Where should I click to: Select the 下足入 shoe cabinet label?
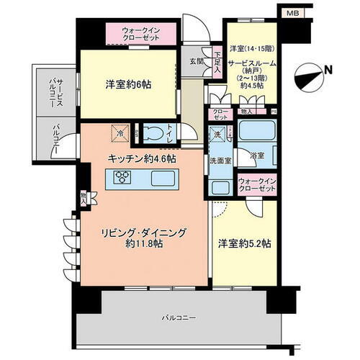[x=217, y=58]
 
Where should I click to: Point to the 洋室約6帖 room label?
[x=129, y=84]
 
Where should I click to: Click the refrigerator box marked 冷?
[x=120, y=132]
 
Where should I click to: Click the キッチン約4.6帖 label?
[x=143, y=158]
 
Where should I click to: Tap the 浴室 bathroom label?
[x=257, y=155]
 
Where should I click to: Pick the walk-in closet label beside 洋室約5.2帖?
[x=256, y=184]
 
